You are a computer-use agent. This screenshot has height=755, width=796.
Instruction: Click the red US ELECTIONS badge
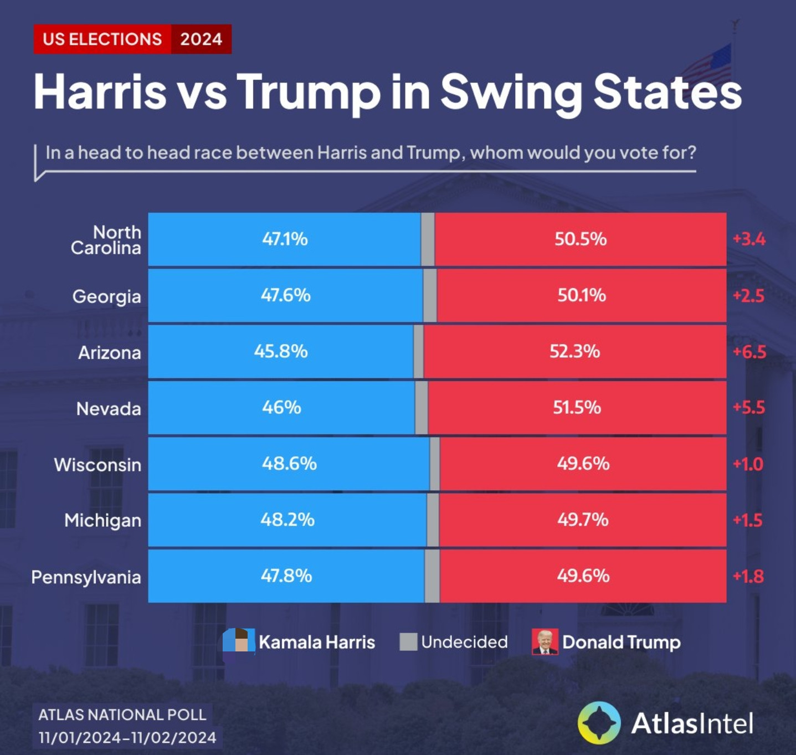pyautogui.click(x=102, y=39)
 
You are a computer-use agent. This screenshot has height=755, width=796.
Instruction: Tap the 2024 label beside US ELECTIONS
pyautogui.click(x=201, y=39)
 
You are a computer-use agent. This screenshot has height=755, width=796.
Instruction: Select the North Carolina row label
pyautogui.click(x=106, y=240)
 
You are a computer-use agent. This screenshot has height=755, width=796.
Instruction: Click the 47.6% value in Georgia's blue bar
pyautogui.click(x=285, y=295)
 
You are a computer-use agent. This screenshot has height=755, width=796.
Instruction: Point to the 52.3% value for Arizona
pyautogui.click(x=574, y=351)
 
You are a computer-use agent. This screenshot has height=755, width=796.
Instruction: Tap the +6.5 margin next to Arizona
pyautogui.click(x=749, y=352)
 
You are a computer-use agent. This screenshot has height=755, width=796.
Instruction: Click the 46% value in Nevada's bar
pyautogui.click(x=281, y=408)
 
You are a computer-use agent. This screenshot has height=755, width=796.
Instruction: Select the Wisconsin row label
pyautogui.click(x=97, y=465)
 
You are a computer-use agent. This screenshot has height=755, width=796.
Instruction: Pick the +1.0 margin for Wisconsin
pyautogui.click(x=748, y=464)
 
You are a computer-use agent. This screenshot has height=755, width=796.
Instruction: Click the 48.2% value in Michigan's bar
pyautogui.click(x=287, y=520)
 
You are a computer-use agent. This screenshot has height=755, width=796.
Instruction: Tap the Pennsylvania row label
pyautogui.click(x=86, y=577)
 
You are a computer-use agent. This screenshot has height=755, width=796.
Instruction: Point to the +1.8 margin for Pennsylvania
pyautogui.click(x=748, y=577)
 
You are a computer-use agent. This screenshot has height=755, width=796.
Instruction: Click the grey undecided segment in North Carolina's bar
pyautogui.click(x=428, y=239)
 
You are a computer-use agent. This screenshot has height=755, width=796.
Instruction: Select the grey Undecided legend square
pyautogui.click(x=408, y=642)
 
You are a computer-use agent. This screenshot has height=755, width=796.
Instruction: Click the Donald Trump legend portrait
pyautogui.click(x=545, y=642)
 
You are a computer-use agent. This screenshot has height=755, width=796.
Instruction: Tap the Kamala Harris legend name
pyautogui.click(x=317, y=642)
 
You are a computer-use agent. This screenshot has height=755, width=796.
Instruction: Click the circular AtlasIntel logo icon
pyautogui.click(x=599, y=723)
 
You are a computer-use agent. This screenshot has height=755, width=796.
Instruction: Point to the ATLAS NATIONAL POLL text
pyautogui.click(x=122, y=715)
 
